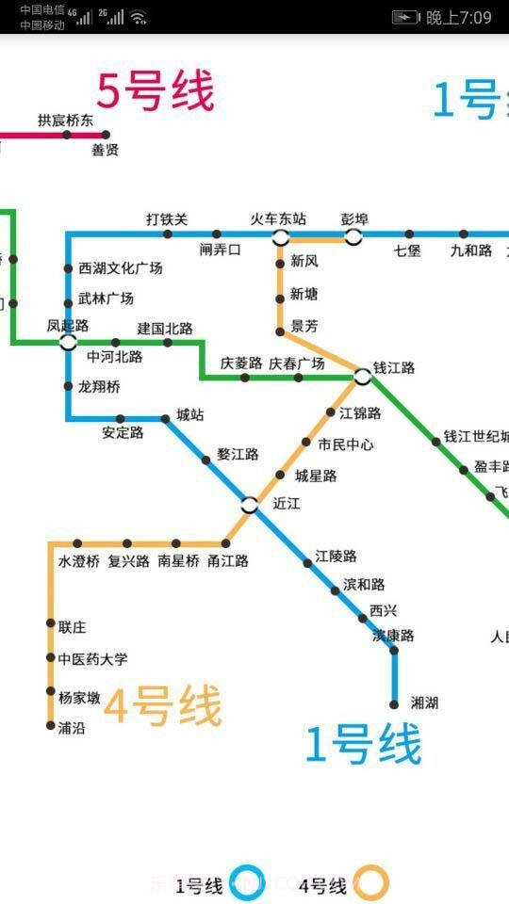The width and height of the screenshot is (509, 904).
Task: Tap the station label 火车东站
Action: click(278, 219)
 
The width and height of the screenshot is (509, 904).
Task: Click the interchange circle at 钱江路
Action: click(363, 377)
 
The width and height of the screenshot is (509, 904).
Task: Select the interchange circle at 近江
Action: click(249, 505)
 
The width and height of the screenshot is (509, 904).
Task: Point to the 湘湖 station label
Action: click(424, 702)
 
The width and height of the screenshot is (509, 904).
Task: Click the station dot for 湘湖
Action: click(394, 703)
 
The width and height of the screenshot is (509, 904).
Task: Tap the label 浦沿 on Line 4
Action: click(72, 727)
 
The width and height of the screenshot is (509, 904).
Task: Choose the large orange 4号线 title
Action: click(162, 706)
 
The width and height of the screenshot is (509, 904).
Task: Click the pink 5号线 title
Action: click(156, 91)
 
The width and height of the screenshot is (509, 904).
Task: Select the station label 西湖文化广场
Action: click(120, 268)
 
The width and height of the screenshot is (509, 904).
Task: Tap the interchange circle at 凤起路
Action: click(68, 342)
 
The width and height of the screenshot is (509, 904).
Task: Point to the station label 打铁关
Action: click(167, 219)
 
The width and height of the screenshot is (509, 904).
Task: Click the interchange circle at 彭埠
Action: click(353, 235)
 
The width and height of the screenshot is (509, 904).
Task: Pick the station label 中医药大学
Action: click(92, 659)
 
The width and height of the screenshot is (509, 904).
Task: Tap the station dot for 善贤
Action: click(106, 135)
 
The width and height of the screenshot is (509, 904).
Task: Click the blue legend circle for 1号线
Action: click(249, 884)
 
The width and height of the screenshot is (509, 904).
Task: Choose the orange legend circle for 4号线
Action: click(372, 884)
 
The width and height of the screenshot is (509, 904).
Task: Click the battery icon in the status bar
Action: click(405, 17)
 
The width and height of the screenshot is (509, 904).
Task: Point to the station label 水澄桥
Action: click(79, 561)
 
